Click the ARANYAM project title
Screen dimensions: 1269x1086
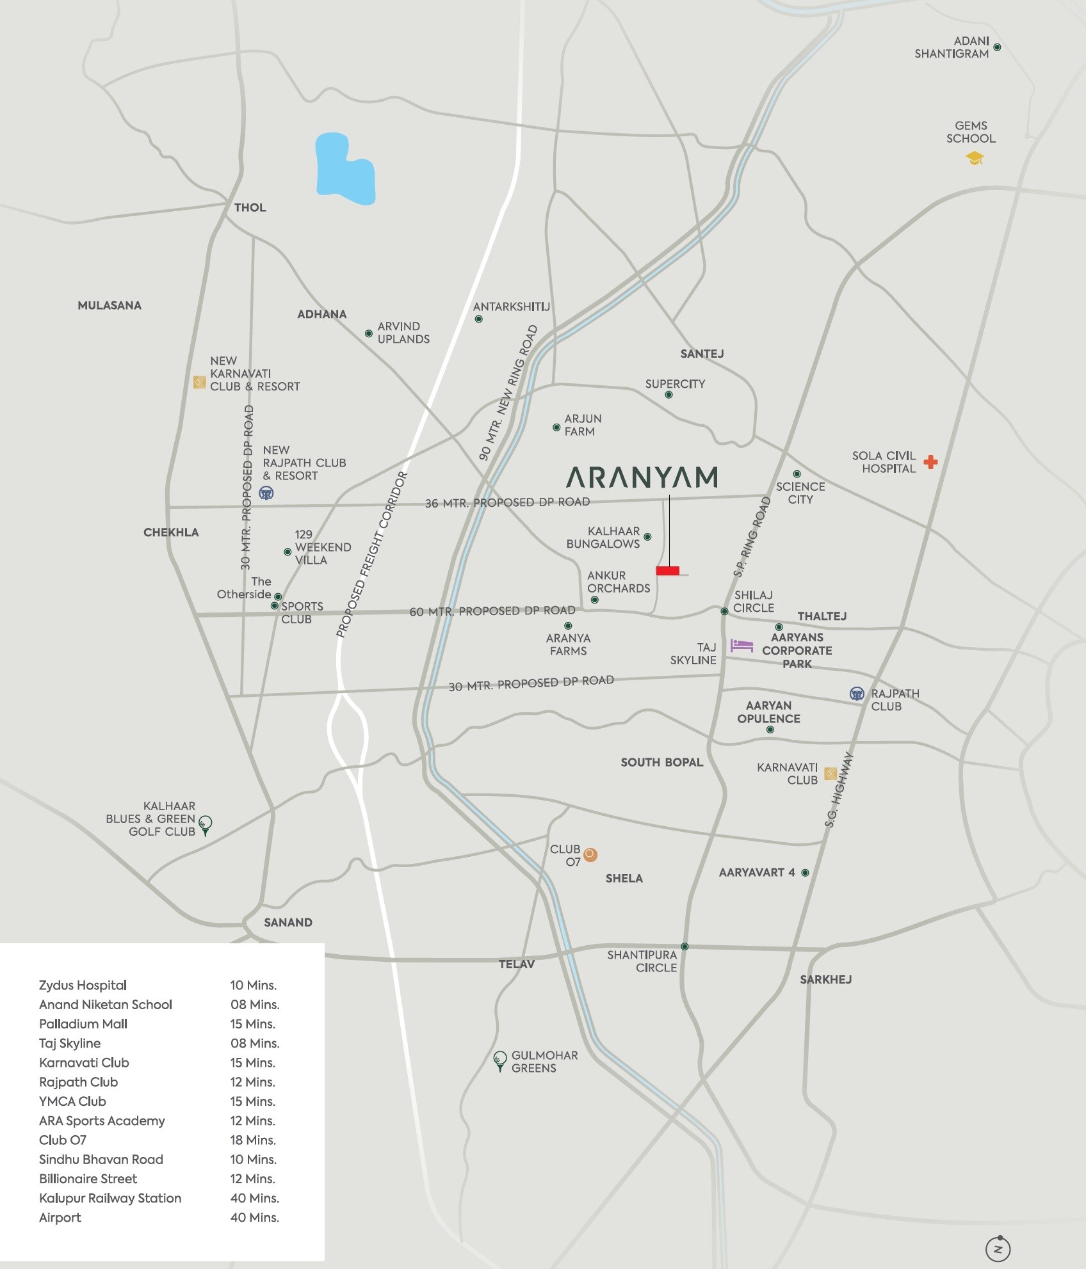coord(642,477)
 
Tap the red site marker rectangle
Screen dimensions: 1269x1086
coord(667,571)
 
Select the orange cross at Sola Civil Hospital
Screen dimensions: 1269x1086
coord(930,461)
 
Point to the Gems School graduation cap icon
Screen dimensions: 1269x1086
coord(975,158)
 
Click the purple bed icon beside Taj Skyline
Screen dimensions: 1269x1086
coord(742,645)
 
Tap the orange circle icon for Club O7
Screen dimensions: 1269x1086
coord(590,854)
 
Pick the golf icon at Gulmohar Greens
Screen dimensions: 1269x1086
coord(500,1060)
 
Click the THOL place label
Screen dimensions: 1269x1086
coord(250,207)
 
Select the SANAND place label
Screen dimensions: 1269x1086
coord(288,922)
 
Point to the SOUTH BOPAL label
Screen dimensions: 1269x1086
coord(661,762)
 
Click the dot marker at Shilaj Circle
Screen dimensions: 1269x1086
coord(724,612)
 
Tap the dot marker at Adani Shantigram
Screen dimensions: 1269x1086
coord(997,47)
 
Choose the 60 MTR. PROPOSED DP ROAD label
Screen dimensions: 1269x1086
coord(492,611)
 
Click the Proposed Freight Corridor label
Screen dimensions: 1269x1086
coord(372,555)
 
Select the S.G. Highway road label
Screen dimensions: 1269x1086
coord(839,790)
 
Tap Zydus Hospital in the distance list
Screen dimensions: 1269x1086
coord(83,985)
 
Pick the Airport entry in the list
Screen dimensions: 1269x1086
coord(60,1217)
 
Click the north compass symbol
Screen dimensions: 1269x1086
coord(998,1249)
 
